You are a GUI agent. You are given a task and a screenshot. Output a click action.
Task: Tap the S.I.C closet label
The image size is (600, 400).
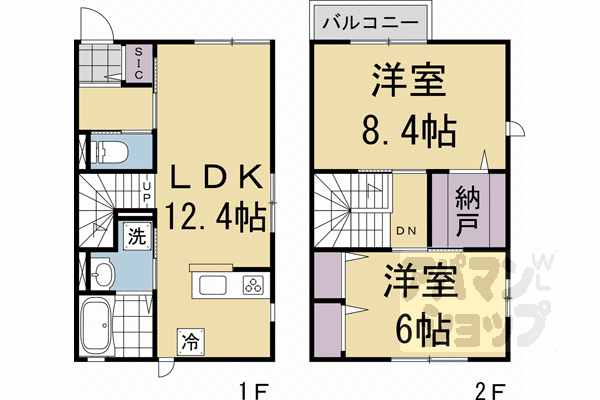[x=139, y=61]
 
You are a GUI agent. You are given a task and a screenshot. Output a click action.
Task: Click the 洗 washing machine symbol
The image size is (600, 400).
[x=135, y=237]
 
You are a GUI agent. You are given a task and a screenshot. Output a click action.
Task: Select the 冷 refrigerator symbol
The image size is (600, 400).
[x=189, y=342]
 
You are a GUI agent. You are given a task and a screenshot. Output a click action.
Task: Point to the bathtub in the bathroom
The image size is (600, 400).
[x=99, y=324]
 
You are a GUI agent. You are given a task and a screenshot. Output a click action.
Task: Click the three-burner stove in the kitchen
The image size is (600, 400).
[x=252, y=284]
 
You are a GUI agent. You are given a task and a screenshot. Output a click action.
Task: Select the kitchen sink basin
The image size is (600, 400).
[x=216, y=284]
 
